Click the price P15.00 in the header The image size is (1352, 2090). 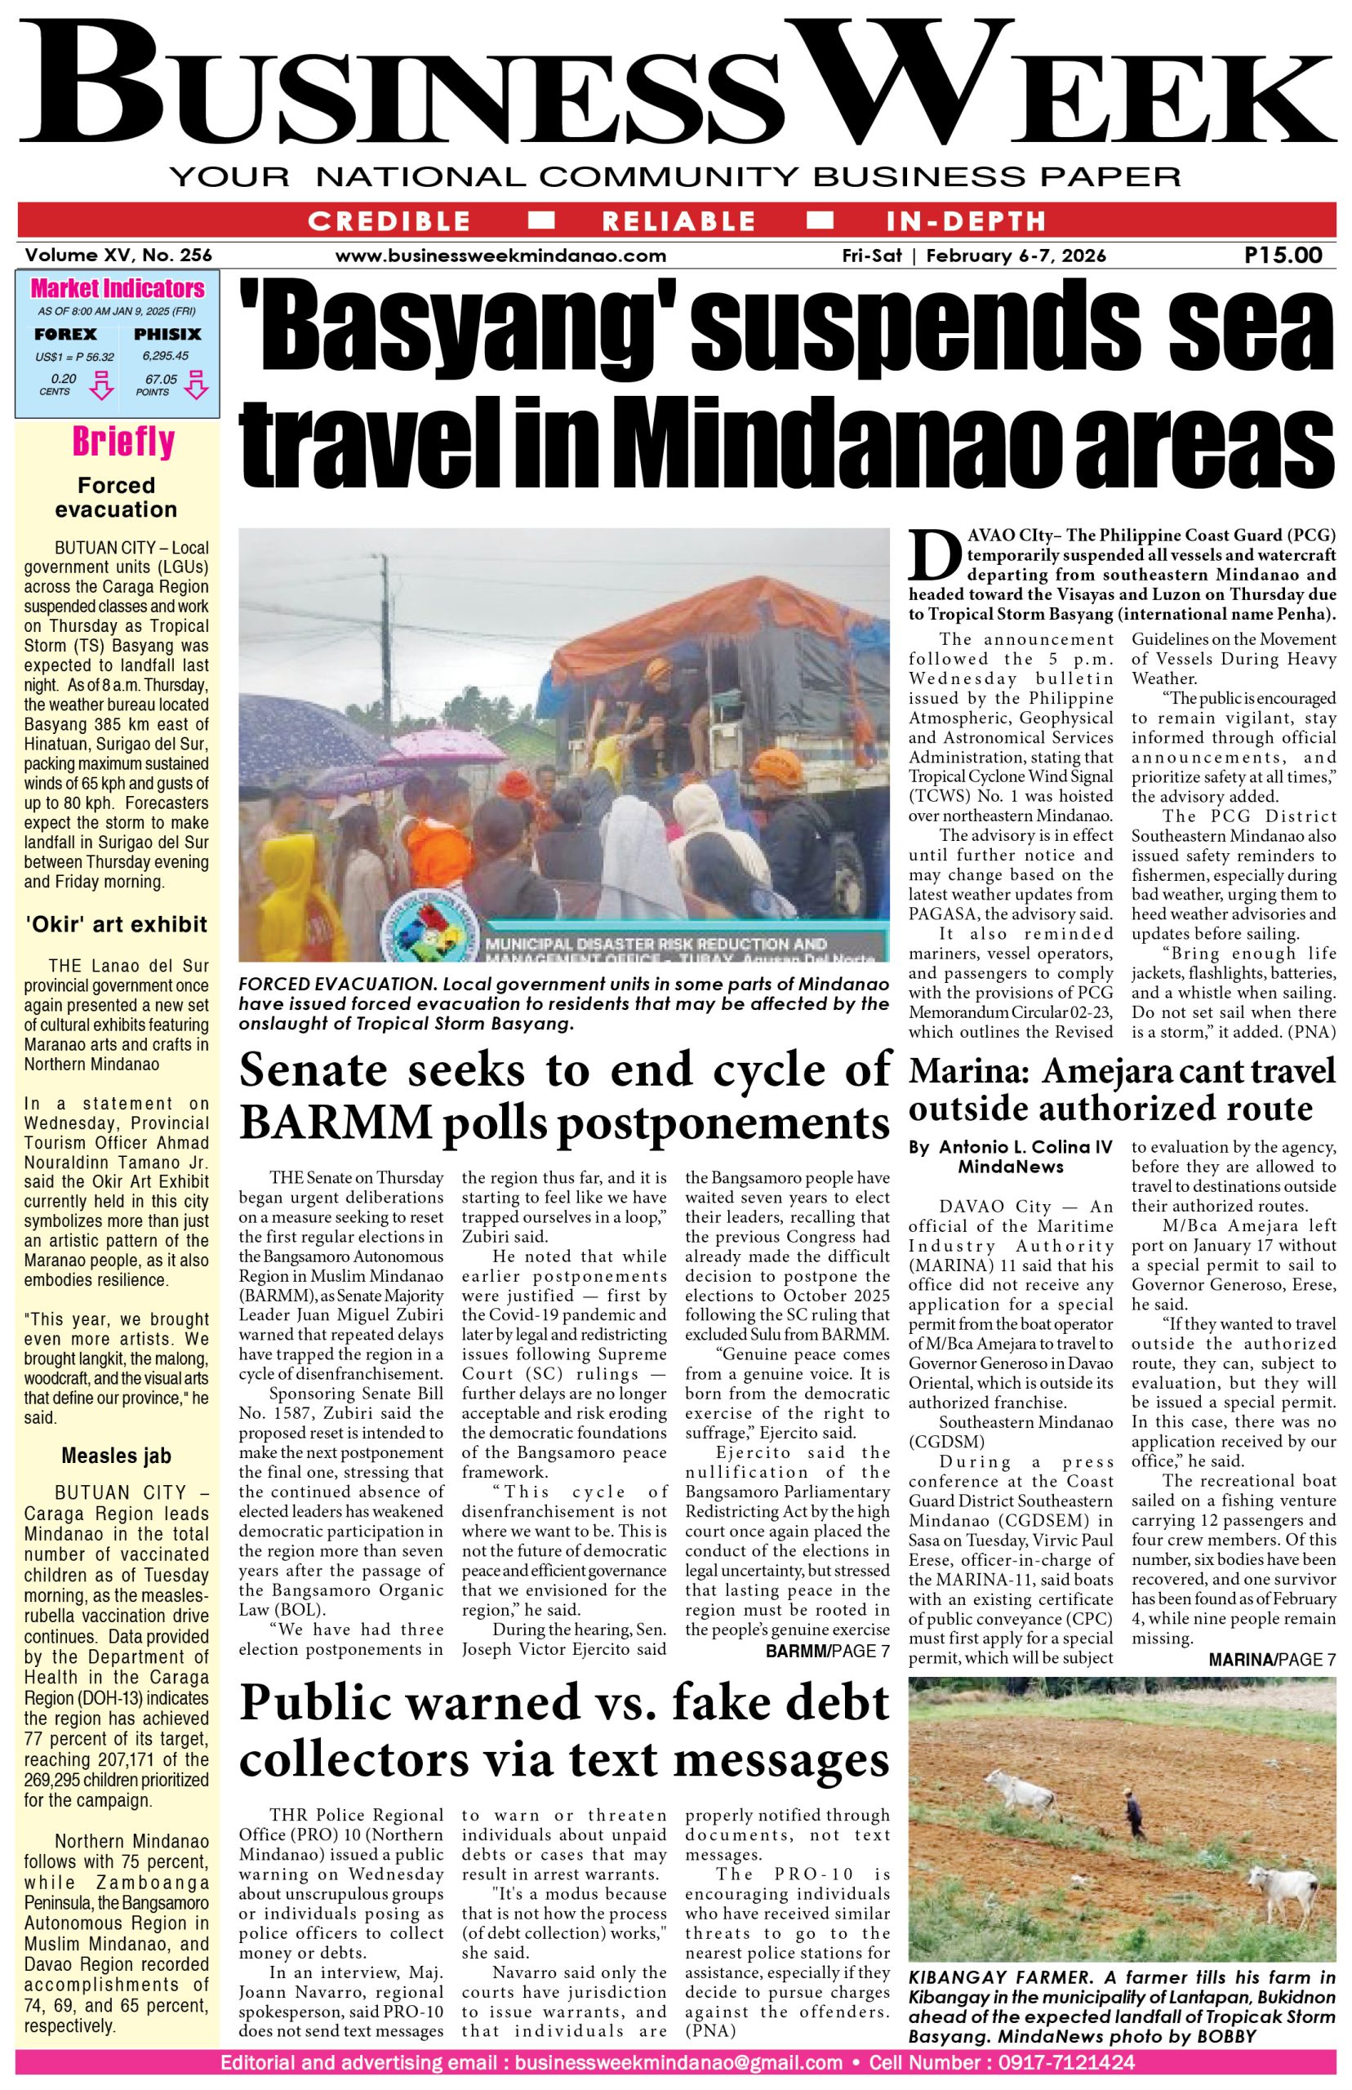(x=1283, y=256)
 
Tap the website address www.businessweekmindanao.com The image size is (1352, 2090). (x=500, y=256)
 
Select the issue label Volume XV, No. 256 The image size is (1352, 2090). (x=118, y=256)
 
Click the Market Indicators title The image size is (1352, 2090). (x=117, y=289)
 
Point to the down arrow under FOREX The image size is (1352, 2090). (x=104, y=385)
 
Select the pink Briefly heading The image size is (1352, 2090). (x=123, y=442)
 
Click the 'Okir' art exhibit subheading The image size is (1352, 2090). (x=116, y=923)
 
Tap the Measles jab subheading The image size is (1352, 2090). (x=116, y=1456)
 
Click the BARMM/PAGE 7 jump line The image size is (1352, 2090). (x=828, y=1651)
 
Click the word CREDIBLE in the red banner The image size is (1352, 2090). (x=389, y=220)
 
